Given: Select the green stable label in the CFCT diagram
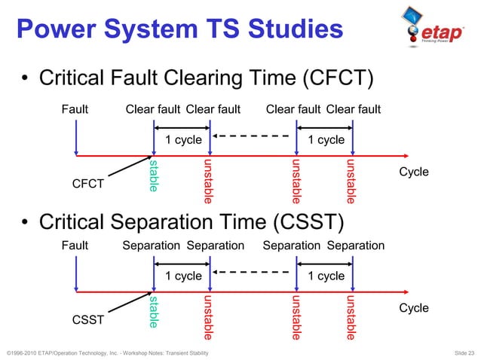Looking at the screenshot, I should click(154, 175).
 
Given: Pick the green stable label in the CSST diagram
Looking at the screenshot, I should click(154, 311).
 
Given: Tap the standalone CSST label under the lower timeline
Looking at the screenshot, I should click(88, 319).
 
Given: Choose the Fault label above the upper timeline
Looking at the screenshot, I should click(75, 110).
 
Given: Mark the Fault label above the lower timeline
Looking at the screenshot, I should click(75, 246).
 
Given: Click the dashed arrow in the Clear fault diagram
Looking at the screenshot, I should click(252, 136).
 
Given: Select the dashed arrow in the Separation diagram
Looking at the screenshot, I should click(252, 272).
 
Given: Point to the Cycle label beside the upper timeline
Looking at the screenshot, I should click(413, 172).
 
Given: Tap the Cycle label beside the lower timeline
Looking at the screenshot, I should click(413, 307).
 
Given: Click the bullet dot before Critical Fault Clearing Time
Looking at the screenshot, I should click(25, 79).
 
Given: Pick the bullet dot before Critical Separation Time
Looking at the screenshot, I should click(25, 222).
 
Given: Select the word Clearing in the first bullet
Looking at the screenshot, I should click(213, 78).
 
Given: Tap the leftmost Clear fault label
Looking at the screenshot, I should click(153, 110).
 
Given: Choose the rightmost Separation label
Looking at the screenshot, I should click(356, 246).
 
